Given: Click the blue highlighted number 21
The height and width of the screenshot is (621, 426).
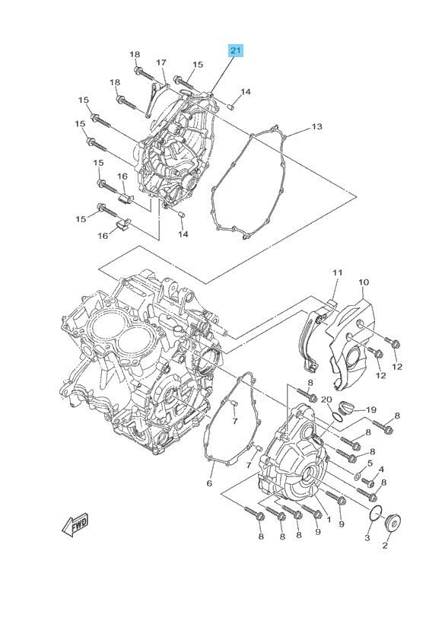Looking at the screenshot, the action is [235, 50].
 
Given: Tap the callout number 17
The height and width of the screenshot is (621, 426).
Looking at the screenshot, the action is [161, 62].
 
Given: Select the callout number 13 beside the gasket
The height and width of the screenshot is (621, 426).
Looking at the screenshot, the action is [316, 126].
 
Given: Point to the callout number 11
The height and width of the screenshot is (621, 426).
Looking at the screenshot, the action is [337, 272].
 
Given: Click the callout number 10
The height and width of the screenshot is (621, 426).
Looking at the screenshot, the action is [364, 282].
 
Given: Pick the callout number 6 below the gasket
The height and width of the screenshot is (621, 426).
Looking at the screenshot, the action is [209, 482].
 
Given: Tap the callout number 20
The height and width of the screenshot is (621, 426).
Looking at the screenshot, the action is [326, 400].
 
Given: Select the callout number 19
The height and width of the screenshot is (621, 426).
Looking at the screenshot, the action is [371, 409].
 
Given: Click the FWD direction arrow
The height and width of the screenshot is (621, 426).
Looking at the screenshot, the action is [75, 526].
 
